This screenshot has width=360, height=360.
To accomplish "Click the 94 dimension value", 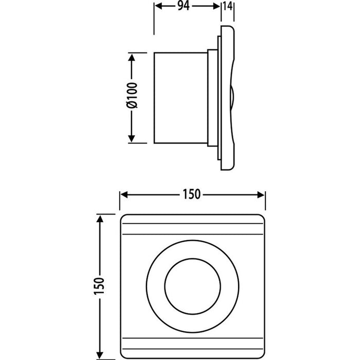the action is tap(184, 6).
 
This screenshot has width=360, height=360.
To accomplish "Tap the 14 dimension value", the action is tap(227, 6).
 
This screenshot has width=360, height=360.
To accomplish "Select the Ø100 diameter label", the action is tap(132, 96).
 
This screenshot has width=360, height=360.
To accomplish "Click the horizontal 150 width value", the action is tap(191, 194).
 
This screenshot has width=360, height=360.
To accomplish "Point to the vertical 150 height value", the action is tap(99, 286).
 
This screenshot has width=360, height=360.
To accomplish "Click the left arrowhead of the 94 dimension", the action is tap(158, 6).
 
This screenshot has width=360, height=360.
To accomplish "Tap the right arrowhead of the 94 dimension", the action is tap(217, 6).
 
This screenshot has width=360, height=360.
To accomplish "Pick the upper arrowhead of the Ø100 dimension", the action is tap(132, 57).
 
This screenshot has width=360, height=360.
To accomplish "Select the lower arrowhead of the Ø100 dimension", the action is tap(132, 138).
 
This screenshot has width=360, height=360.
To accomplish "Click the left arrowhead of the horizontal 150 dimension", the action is tap(124, 195).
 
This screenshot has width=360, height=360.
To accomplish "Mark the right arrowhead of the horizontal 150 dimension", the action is tap(261, 195).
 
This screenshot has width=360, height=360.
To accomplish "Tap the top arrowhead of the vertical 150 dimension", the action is tap(100, 219).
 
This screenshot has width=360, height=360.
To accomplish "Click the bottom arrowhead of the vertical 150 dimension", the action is tap(100, 355).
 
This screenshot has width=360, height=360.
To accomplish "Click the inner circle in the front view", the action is tap(193, 286).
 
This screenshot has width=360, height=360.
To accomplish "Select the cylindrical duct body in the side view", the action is tap(181, 98).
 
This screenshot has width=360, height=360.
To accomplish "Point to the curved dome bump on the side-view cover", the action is tap(232, 97).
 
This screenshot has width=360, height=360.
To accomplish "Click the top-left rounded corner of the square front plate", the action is tap(123, 217).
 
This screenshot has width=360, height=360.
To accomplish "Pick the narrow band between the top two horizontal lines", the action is tap(193, 229).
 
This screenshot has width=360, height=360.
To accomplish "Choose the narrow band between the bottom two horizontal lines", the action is tap(193, 344).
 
